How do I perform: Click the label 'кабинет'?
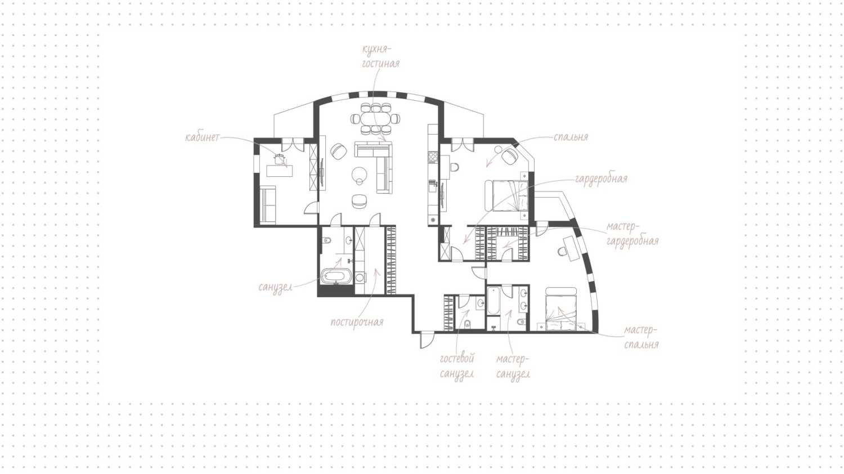(x=203, y=137)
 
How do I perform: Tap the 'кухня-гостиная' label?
(x=380, y=56)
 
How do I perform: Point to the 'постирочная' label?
(x=357, y=322)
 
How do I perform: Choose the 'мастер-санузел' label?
(x=513, y=366)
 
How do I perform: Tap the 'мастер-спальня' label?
(x=641, y=337)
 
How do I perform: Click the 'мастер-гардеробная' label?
(x=632, y=234)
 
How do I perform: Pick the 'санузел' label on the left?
(x=276, y=287)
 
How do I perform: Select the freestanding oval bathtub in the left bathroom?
(x=336, y=276)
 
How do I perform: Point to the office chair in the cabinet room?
(x=279, y=159)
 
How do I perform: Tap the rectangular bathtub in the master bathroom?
(x=493, y=301)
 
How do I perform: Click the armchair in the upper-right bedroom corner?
(x=510, y=156)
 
